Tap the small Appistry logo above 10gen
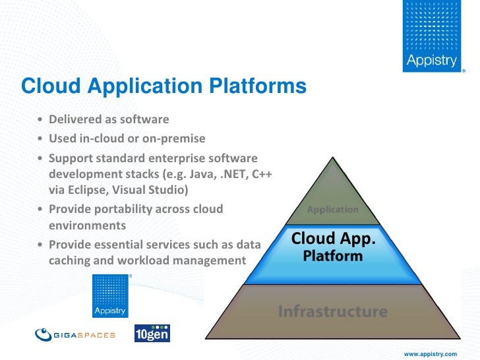tap(110, 296)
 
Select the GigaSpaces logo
tap(75, 334)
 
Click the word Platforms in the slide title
tap(257, 86)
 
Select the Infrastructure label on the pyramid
tap(332, 310)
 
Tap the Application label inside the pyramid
tap(332, 210)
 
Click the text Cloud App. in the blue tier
tap(333, 239)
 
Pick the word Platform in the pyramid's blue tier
tap(332, 255)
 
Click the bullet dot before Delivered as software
tap(41, 120)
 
